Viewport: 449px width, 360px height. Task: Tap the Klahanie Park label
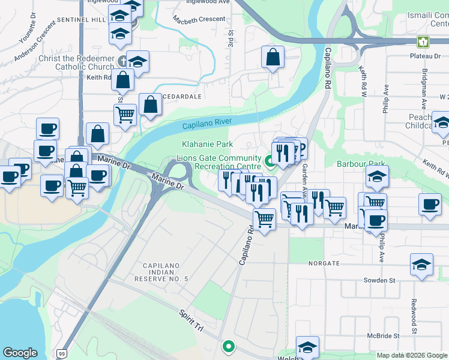[x=207, y=145]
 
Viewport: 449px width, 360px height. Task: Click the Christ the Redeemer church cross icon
[x=122, y=61]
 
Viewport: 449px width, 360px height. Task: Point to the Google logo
[x=20, y=353]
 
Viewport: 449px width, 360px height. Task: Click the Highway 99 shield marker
[x=62, y=355]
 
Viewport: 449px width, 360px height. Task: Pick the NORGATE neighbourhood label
[x=324, y=263]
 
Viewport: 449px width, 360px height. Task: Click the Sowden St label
[x=379, y=280]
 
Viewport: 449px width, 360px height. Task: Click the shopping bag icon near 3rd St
[x=273, y=58]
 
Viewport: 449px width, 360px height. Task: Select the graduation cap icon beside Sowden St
[x=422, y=263]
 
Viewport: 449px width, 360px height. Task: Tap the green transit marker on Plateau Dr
[x=423, y=41]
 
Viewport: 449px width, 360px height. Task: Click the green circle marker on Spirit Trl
[x=229, y=346]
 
